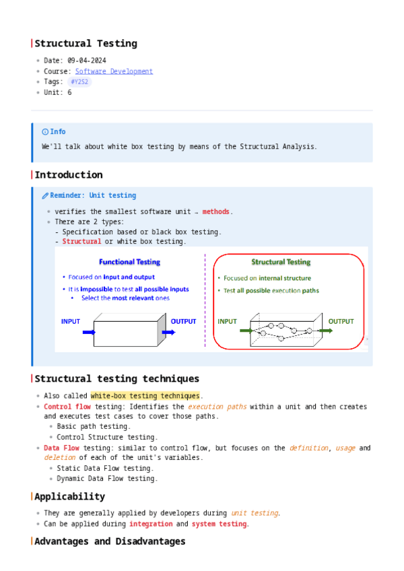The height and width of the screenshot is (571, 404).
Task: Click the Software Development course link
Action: point(114,71)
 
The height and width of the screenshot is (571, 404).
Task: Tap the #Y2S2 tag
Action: point(79,82)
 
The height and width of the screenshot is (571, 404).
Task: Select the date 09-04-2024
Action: point(87,61)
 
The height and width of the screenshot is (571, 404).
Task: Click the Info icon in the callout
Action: point(45,132)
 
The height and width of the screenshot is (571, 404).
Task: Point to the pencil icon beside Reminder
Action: point(45,196)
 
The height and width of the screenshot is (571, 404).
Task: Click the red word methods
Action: point(216,211)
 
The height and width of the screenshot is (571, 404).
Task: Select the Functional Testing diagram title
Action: point(129,262)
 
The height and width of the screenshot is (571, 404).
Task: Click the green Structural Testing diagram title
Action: point(281,262)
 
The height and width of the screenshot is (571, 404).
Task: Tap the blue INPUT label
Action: point(71,321)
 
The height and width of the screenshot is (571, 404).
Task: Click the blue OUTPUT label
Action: point(183,321)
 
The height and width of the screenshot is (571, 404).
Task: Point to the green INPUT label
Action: point(227,321)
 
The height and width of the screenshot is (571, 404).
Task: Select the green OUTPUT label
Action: point(341,321)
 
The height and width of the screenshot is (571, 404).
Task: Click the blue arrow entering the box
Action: point(89,332)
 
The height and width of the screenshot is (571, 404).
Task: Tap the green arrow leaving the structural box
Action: point(326,331)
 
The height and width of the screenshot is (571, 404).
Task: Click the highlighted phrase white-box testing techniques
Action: point(145,396)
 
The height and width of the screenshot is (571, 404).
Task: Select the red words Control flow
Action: point(67,407)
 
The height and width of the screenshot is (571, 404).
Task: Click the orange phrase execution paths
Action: point(217,407)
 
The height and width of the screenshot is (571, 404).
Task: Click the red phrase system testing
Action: point(220,524)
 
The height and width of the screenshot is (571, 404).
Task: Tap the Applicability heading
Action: point(69,497)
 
